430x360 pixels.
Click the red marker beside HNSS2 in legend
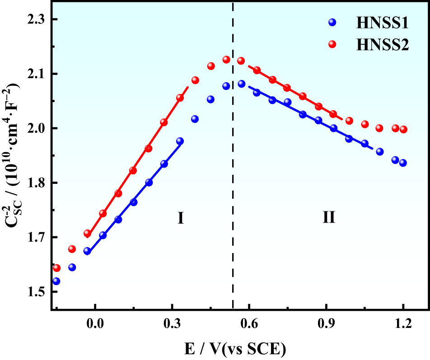pyautogui.click(x=332, y=44)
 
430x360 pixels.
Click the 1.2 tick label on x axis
pyautogui.click(x=403, y=323)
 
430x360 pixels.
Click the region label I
pyautogui.click(x=180, y=219)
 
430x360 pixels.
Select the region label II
pyautogui.click(x=328, y=219)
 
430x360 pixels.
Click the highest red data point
pyautogui.click(x=226, y=60)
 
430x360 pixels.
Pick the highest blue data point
pyautogui.click(x=241, y=84)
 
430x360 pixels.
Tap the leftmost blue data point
pyautogui.click(x=56, y=281)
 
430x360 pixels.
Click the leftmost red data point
pyautogui.click(x=56, y=268)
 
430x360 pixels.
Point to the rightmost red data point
pyautogui.click(x=403, y=129)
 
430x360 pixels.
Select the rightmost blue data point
pyautogui.click(x=403, y=163)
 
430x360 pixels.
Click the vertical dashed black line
pyautogui.click(x=233, y=181)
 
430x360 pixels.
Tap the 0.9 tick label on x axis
pyautogui.click(x=326, y=323)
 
